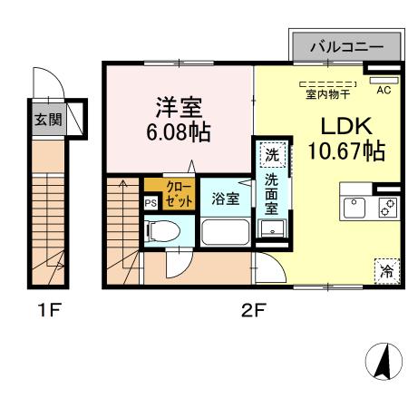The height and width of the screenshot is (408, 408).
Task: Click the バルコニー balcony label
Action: (x=345, y=45)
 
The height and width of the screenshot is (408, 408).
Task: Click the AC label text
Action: (x=383, y=91)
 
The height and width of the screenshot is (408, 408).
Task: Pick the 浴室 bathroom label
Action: (x=225, y=199)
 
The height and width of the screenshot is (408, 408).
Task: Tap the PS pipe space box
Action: (x=151, y=203)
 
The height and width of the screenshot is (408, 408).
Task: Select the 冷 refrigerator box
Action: (x=386, y=269)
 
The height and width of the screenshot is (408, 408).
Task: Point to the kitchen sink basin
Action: (x=355, y=207)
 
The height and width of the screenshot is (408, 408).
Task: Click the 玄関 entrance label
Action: (x=48, y=120)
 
